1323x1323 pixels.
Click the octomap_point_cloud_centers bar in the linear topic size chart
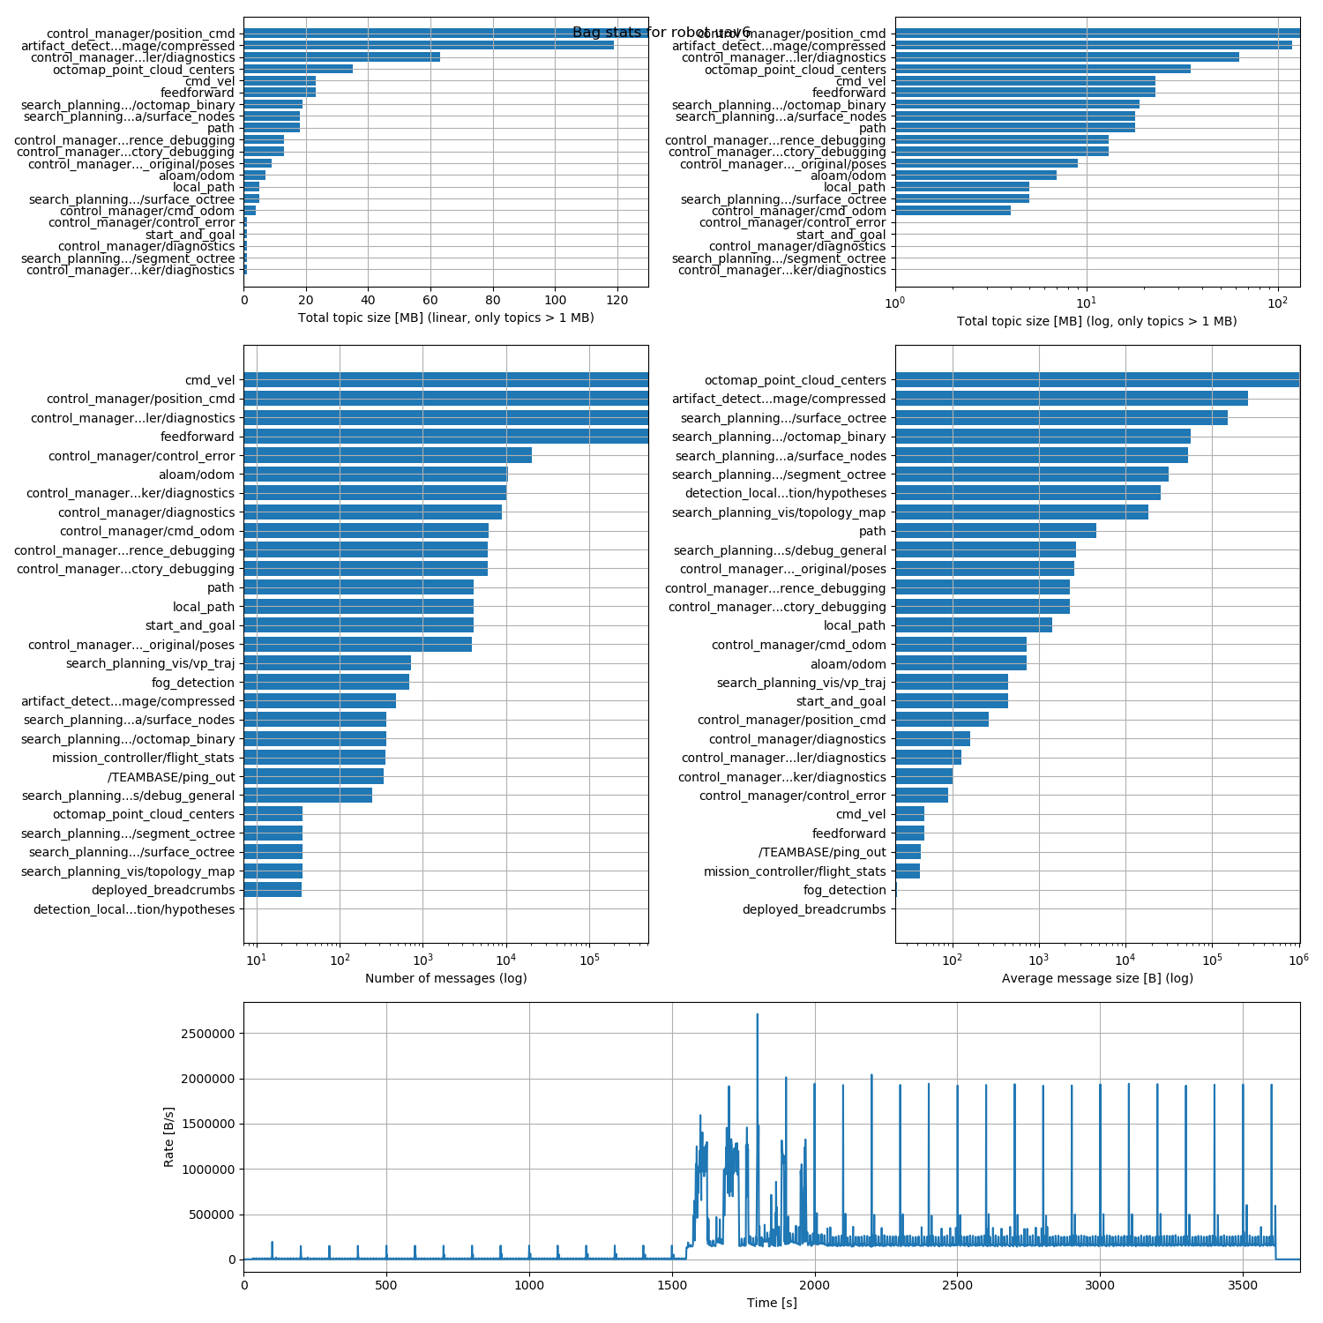click(298, 69)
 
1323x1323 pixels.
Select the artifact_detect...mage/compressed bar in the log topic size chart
click(1093, 45)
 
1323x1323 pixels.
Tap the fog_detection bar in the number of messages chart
click(326, 682)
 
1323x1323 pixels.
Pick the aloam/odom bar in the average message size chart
click(960, 663)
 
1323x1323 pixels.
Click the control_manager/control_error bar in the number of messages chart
click(387, 455)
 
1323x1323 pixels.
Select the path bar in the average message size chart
click(995, 531)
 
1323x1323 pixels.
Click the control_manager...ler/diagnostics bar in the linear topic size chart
click(341, 57)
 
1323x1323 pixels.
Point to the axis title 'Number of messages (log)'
click(445, 978)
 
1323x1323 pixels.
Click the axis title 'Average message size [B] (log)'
click(1097, 978)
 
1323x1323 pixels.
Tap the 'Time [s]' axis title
click(772, 1303)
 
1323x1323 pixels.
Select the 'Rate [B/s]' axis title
click(168, 1137)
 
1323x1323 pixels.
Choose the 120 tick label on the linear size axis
click(617, 299)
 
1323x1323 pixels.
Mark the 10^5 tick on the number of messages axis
click(589, 960)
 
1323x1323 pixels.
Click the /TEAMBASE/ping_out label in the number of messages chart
click(171, 777)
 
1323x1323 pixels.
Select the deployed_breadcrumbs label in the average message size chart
click(813, 909)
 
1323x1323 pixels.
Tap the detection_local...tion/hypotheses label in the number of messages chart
click(134, 909)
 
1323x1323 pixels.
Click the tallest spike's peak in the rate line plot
click(757, 1014)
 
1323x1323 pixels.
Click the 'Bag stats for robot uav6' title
click(661, 33)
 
